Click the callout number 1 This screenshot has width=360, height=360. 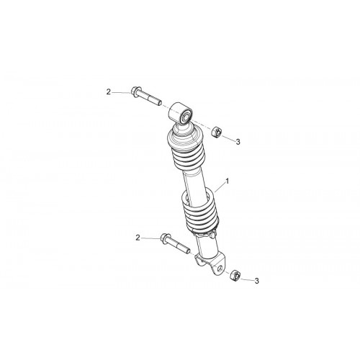click(228, 181)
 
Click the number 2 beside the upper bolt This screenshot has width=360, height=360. click(109, 92)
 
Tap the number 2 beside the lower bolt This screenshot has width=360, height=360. click(138, 238)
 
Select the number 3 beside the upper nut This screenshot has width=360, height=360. click(238, 142)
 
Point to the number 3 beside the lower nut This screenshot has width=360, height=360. click(257, 281)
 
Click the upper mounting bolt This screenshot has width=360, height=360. click(146, 97)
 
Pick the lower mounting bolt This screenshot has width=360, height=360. click(175, 243)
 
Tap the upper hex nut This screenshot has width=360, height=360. click(217, 132)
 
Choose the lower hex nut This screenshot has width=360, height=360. click(235, 275)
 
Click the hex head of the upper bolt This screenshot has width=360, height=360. click(134, 91)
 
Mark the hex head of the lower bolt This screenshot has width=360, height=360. click(163, 237)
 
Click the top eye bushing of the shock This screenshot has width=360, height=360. click(181, 113)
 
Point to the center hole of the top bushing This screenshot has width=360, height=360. click(186, 117)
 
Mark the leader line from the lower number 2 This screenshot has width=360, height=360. click(150, 238)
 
